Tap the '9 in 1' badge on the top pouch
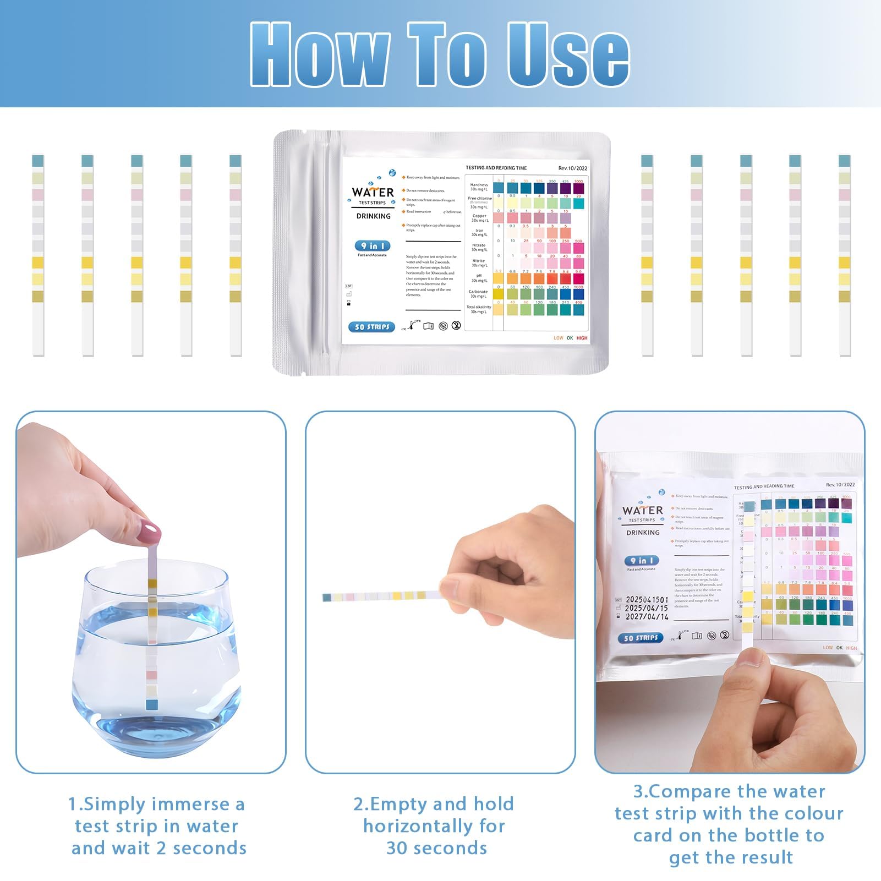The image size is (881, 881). coord(373,246)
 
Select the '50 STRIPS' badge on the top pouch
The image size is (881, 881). coord(371,327)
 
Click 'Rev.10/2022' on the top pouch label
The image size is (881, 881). coord(572,168)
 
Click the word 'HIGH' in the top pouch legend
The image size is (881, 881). coord(582,338)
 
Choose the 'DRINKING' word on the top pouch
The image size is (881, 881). coord(373,216)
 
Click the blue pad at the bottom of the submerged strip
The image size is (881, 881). coord(152,705)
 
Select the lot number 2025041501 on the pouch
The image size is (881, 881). coord(647,600)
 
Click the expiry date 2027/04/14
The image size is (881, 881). coord(647,617)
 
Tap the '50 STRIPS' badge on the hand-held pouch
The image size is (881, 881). coord(641,638)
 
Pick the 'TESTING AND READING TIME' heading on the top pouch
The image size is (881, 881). coord(496,168)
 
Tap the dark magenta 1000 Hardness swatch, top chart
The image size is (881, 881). coord(578,189)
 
